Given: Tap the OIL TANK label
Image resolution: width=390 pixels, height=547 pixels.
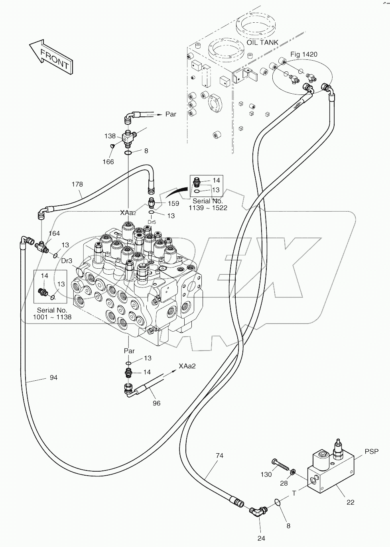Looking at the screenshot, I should pyautogui.click(x=262, y=43).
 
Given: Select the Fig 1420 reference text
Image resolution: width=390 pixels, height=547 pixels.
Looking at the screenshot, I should pyautogui.click(x=303, y=54).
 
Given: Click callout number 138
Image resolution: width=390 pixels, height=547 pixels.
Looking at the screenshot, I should pyautogui.click(x=110, y=136).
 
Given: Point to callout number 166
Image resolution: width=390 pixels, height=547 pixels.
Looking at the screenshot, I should pyautogui.click(x=108, y=161).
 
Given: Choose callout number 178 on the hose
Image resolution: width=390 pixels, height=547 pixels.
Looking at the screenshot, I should pyautogui.click(x=77, y=184).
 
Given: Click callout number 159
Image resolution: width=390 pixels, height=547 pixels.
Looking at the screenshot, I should pyautogui.click(x=173, y=203).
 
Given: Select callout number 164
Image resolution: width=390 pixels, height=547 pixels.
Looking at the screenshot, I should pyautogui.click(x=54, y=234).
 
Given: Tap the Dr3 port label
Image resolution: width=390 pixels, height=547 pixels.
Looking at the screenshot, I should pyautogui.click(x=67, y=261).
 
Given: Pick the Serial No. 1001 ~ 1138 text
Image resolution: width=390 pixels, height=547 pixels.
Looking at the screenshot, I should pyautogui.click(x=52, y=313).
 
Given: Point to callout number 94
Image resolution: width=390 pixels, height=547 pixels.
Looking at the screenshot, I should pyautogui.click(x=53, y=377).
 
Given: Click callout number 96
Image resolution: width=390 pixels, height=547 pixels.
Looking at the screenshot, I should pyautogui.click(x=157, y=403).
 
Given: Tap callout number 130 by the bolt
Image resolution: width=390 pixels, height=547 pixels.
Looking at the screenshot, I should pyautogui.click(x=266, y=474).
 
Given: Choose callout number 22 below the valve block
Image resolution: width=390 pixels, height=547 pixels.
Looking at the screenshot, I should pyautogui.click(x=350, y=502).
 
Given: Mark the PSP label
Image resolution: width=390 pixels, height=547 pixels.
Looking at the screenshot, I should pyautogui.click(x=371, y=452).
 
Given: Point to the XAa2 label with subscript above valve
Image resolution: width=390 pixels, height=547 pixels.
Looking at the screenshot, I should pyautogui.click(x=128, y=213).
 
